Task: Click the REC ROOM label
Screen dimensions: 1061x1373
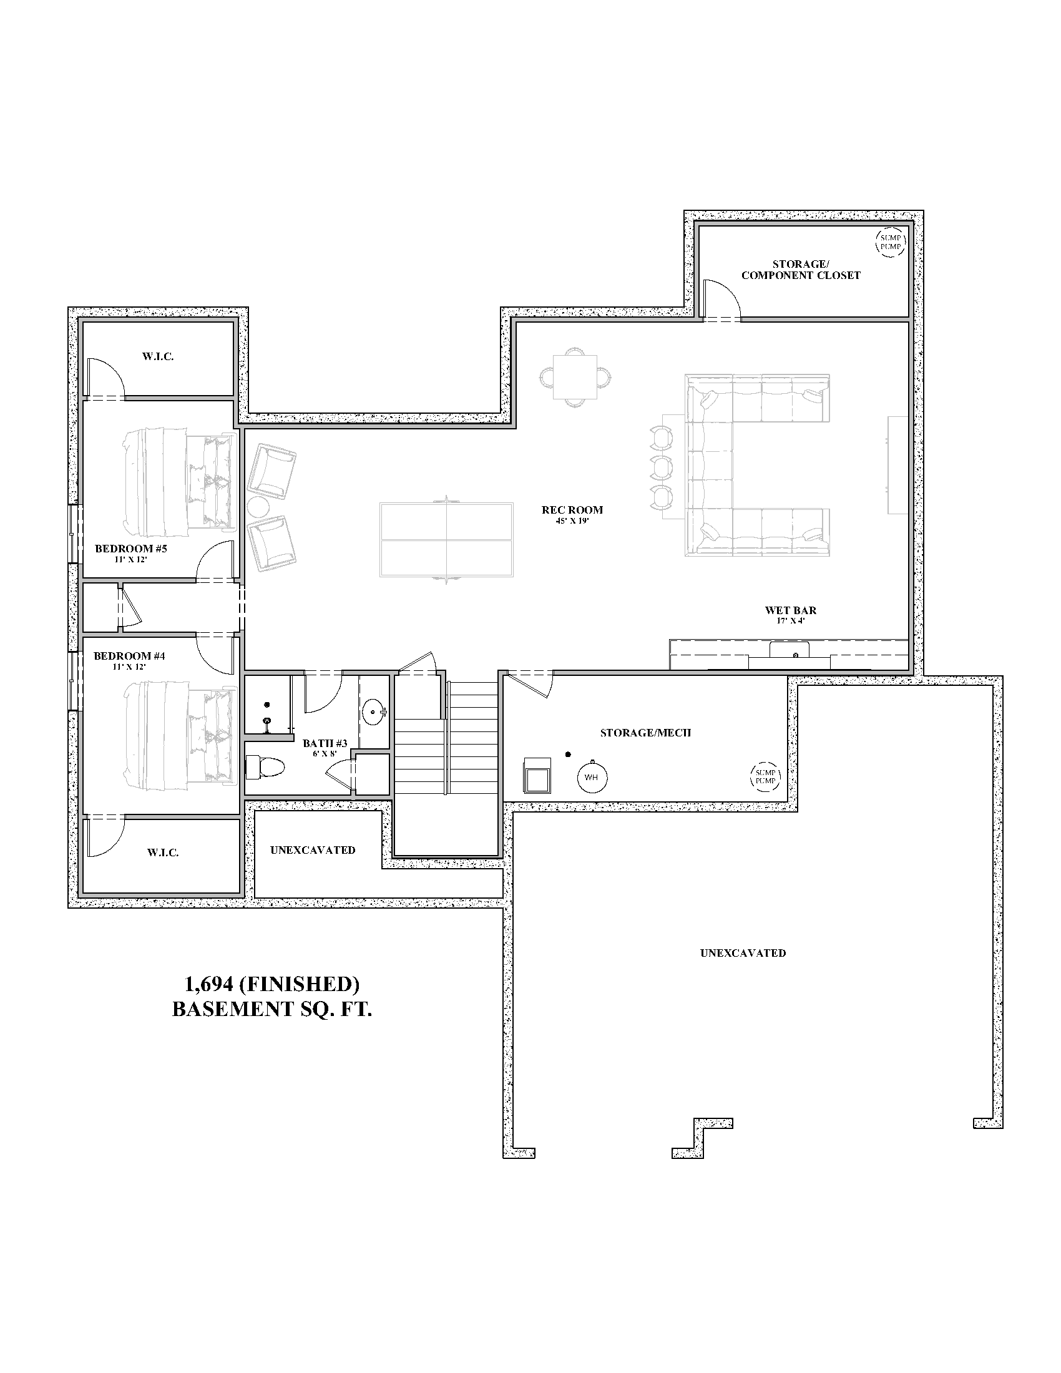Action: click(572, 510)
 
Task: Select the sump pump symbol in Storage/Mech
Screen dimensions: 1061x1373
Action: click(766, 776)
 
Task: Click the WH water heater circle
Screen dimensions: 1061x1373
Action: click(592, 777)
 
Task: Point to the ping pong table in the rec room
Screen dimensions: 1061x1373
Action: click(447, 539)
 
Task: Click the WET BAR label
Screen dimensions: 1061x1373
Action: click(791, 610)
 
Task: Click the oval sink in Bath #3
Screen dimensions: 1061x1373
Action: click(376, 712)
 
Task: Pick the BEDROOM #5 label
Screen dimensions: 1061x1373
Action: click(130, 549)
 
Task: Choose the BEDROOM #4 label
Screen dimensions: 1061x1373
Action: click(129, 656)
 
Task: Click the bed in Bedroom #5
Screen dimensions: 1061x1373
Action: click(178, 479)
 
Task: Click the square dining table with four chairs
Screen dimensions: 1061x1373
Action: click(575, 377)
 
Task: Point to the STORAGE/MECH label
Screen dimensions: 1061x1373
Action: click(645, 733)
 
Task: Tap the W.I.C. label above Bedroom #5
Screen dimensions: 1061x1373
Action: click(158, 356)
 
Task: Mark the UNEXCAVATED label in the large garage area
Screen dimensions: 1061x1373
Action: click(743, 953)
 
